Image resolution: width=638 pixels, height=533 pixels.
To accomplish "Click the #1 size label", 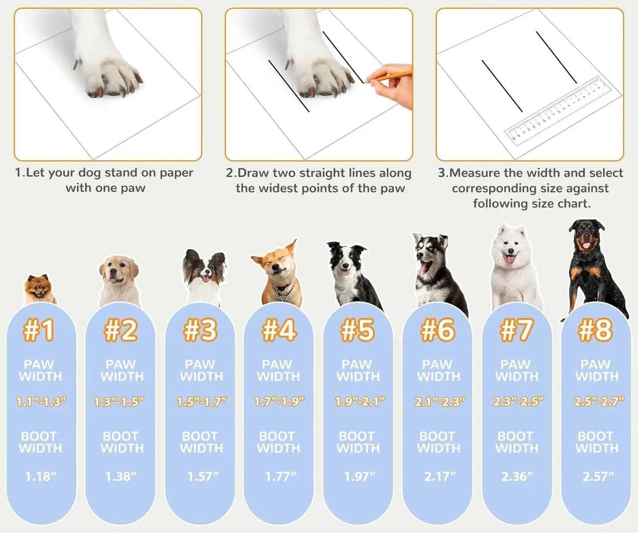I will click(39, 330).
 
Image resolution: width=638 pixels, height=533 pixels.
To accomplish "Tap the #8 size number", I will click(595, 330).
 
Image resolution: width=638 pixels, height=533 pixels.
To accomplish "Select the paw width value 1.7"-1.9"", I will click(279, 401).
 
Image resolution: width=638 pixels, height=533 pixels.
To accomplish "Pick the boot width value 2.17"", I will click(439, 476).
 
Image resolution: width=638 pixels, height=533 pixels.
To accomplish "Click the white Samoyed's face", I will click(510, 247).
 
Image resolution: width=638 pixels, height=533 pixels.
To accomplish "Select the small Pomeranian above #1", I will click(39, 289).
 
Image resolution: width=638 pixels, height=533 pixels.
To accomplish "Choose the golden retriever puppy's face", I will click(117, 272).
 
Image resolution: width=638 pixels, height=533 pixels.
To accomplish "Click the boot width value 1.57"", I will click(203, 476).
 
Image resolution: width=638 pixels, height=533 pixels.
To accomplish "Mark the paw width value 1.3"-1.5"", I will click(119, 401).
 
